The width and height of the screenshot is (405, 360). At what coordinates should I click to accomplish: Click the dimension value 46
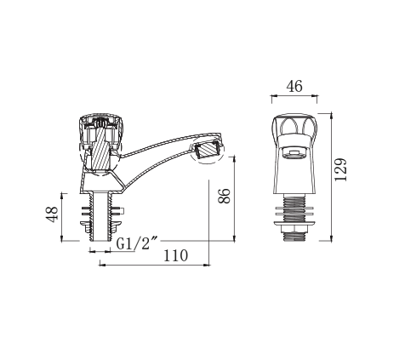[x=294, y=87]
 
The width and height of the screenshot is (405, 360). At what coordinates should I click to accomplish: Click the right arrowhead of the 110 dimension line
[x=209, y=264]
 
